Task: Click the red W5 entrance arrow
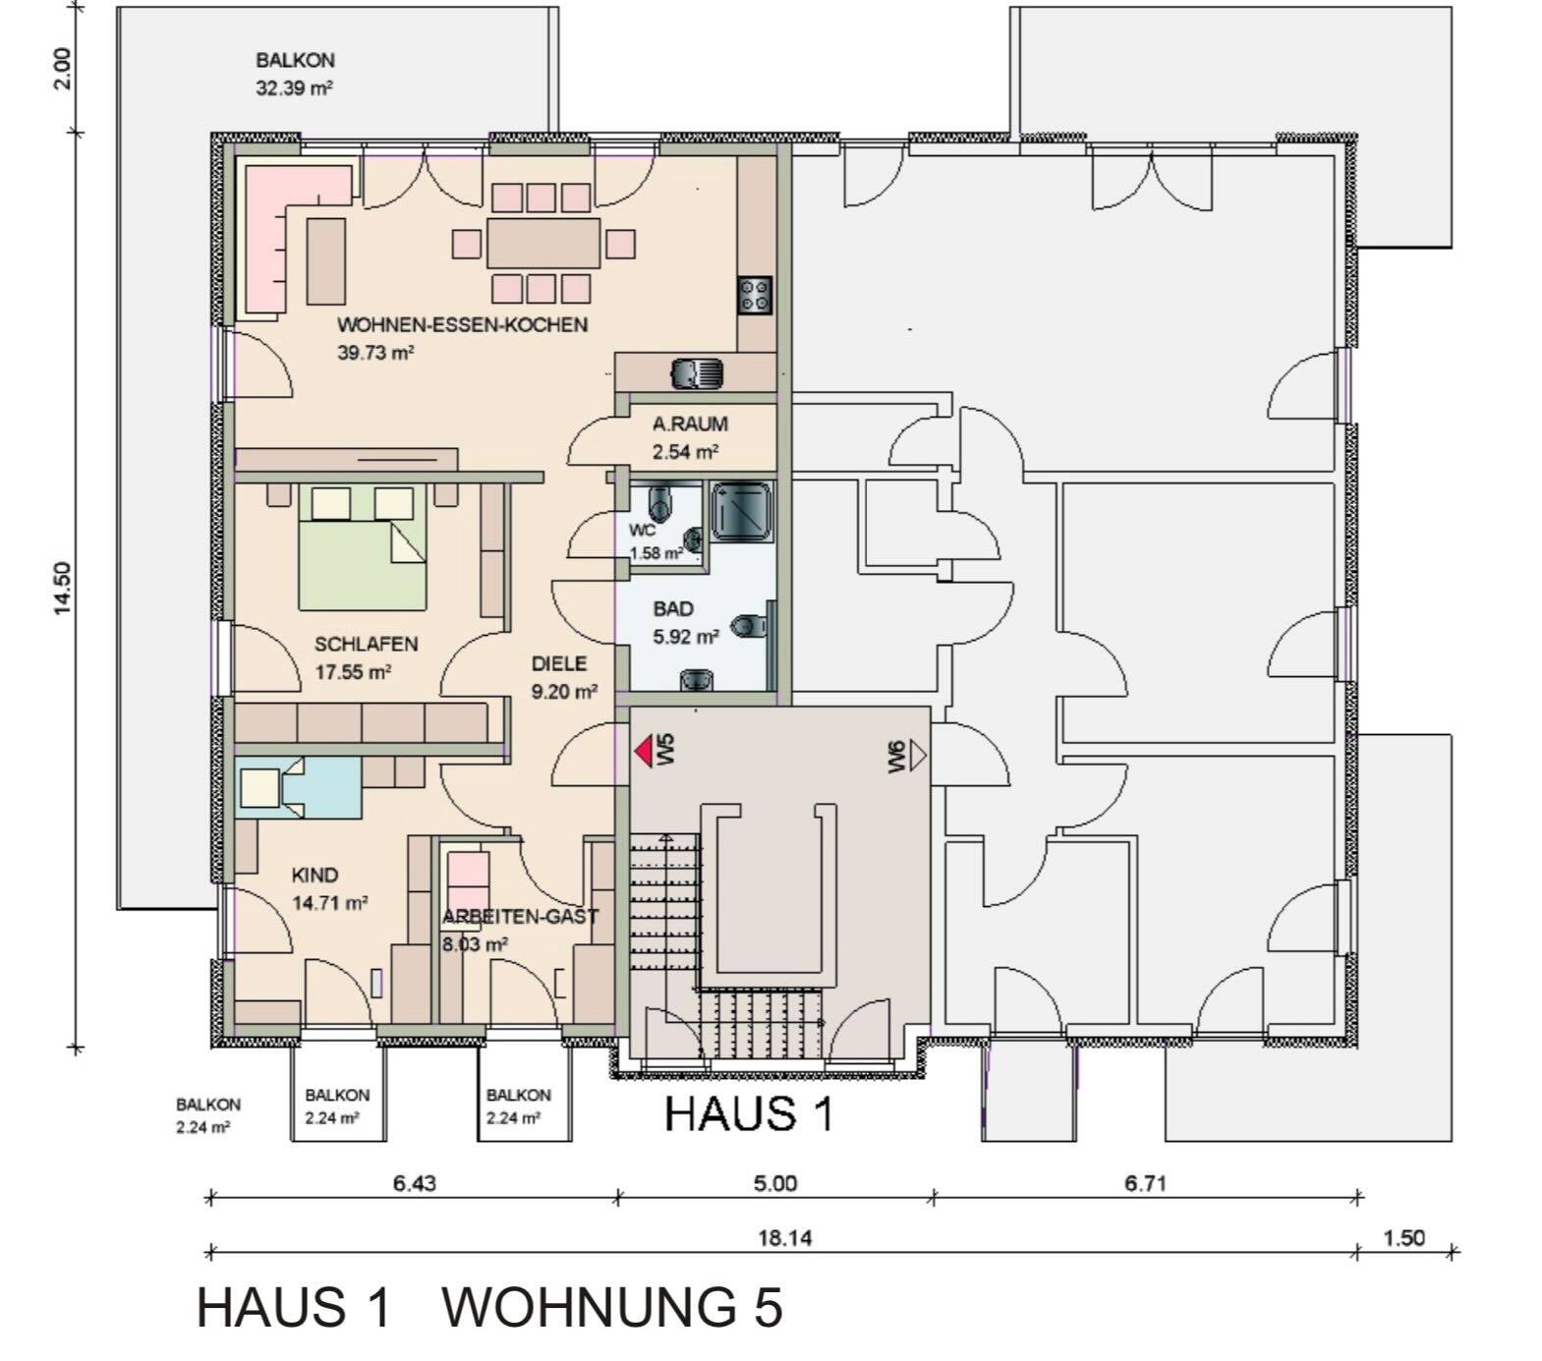click(x=643, y=752)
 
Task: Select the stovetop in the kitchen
click(x=755, y=295)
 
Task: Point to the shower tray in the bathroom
click(x=741, y=511)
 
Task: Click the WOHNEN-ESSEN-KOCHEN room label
click(x=462, y=325)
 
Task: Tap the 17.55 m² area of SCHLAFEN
click(x=353, y=673)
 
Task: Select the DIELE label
click(x=559, y=664)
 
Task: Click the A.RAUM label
click(x=690, y=425)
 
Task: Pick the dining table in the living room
click(x=543, y=243)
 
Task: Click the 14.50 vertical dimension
click(x=64, y=588)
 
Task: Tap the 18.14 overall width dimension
click(x=784, y=1238)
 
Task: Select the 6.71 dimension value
click(x=1145, y=1184)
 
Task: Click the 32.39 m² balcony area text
click(x=294, y=88)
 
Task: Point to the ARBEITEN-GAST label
click(x=520, y=917)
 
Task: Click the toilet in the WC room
click(x=660, y=502)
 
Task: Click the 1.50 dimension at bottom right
click(x=1403, y=1238)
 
